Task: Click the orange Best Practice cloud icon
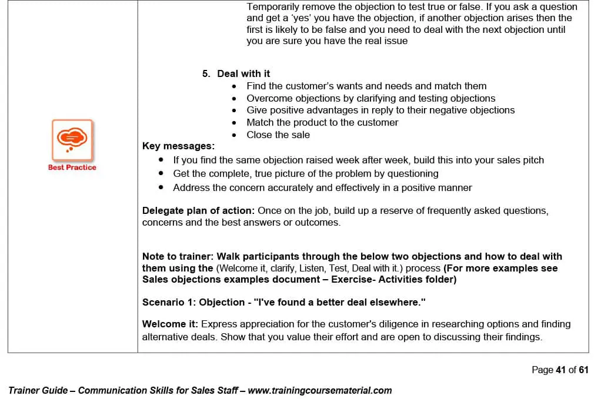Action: coord(72,139)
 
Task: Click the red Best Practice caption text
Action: coord(72,167)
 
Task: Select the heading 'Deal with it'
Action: coord(243,73)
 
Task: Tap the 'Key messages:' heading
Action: coord(178,146)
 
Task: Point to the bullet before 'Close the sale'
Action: coord(234,135)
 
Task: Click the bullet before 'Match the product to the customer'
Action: coord(234,123)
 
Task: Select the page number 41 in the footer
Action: coord(560,370)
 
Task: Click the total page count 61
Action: coord(583,370)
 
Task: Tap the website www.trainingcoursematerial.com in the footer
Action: coord(320,390)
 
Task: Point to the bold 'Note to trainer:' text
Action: coord(178,256)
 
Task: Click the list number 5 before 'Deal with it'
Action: coord(205,73)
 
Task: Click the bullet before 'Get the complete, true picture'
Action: coord(161,174)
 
